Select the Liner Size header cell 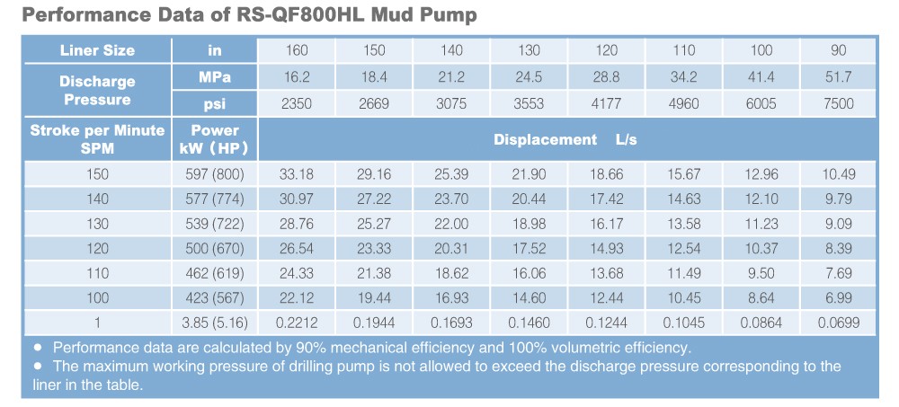[x=97, y=51]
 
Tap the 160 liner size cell [x=297, y=51]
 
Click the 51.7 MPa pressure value [x=838, y=78]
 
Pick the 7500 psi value [x=838, y=103]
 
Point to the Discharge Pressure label [x=97, y=91]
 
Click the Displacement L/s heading [x=565, y=140]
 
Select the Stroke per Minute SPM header [x=97, y=139]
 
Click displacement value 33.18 [x=297, y=174]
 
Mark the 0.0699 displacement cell [x=838, y=323]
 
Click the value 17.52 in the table [x=529, y=249]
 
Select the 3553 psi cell [x=529, y=103]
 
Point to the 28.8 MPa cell [x=607, y=78]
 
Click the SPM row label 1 [x=97, y=323]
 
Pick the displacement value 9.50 [x=761, y=273]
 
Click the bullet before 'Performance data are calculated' [x=38, y=348]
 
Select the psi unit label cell [x=214, y=103]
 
